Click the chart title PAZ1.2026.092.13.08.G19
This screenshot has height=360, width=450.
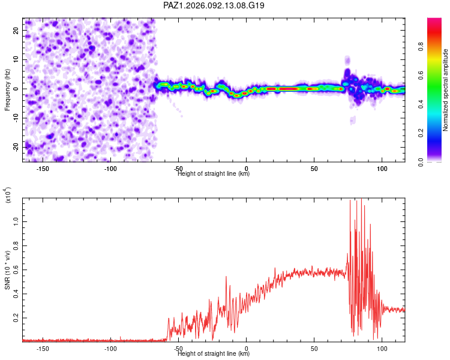click(x=214, y=5)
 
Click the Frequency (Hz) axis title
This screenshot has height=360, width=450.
click(x=7, y=89)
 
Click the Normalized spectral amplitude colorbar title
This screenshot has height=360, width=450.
click(x=446, y=90)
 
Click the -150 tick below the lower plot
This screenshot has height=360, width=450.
click(x=43, y=348)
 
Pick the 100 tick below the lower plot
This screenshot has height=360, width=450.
click(x=382, y=348)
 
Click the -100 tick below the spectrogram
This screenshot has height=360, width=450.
click(x=110, y=169)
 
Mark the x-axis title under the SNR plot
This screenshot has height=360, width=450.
click(x=214, y=354)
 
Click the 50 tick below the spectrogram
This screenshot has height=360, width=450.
click(x=314, y=169)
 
